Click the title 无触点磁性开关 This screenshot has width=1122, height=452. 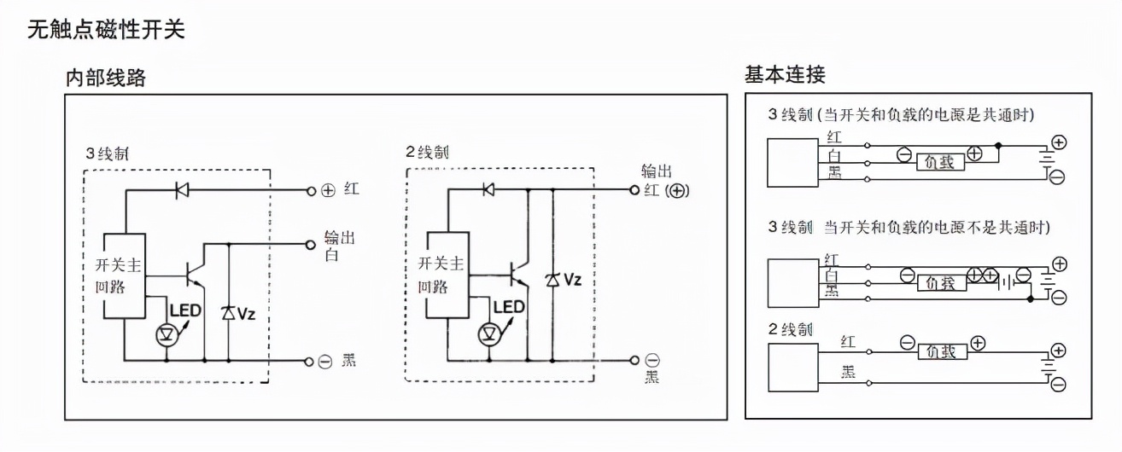pos(107,30)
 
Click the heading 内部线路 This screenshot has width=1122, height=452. pos(106,78)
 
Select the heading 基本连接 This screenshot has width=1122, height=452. pos(785,74)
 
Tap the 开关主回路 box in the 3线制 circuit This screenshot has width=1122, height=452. pos(124,276)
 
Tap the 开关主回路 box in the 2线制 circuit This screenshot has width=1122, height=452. pos(446,275)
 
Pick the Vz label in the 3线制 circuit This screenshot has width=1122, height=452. pos(246,313)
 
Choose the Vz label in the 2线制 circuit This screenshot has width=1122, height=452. pos(571,279)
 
